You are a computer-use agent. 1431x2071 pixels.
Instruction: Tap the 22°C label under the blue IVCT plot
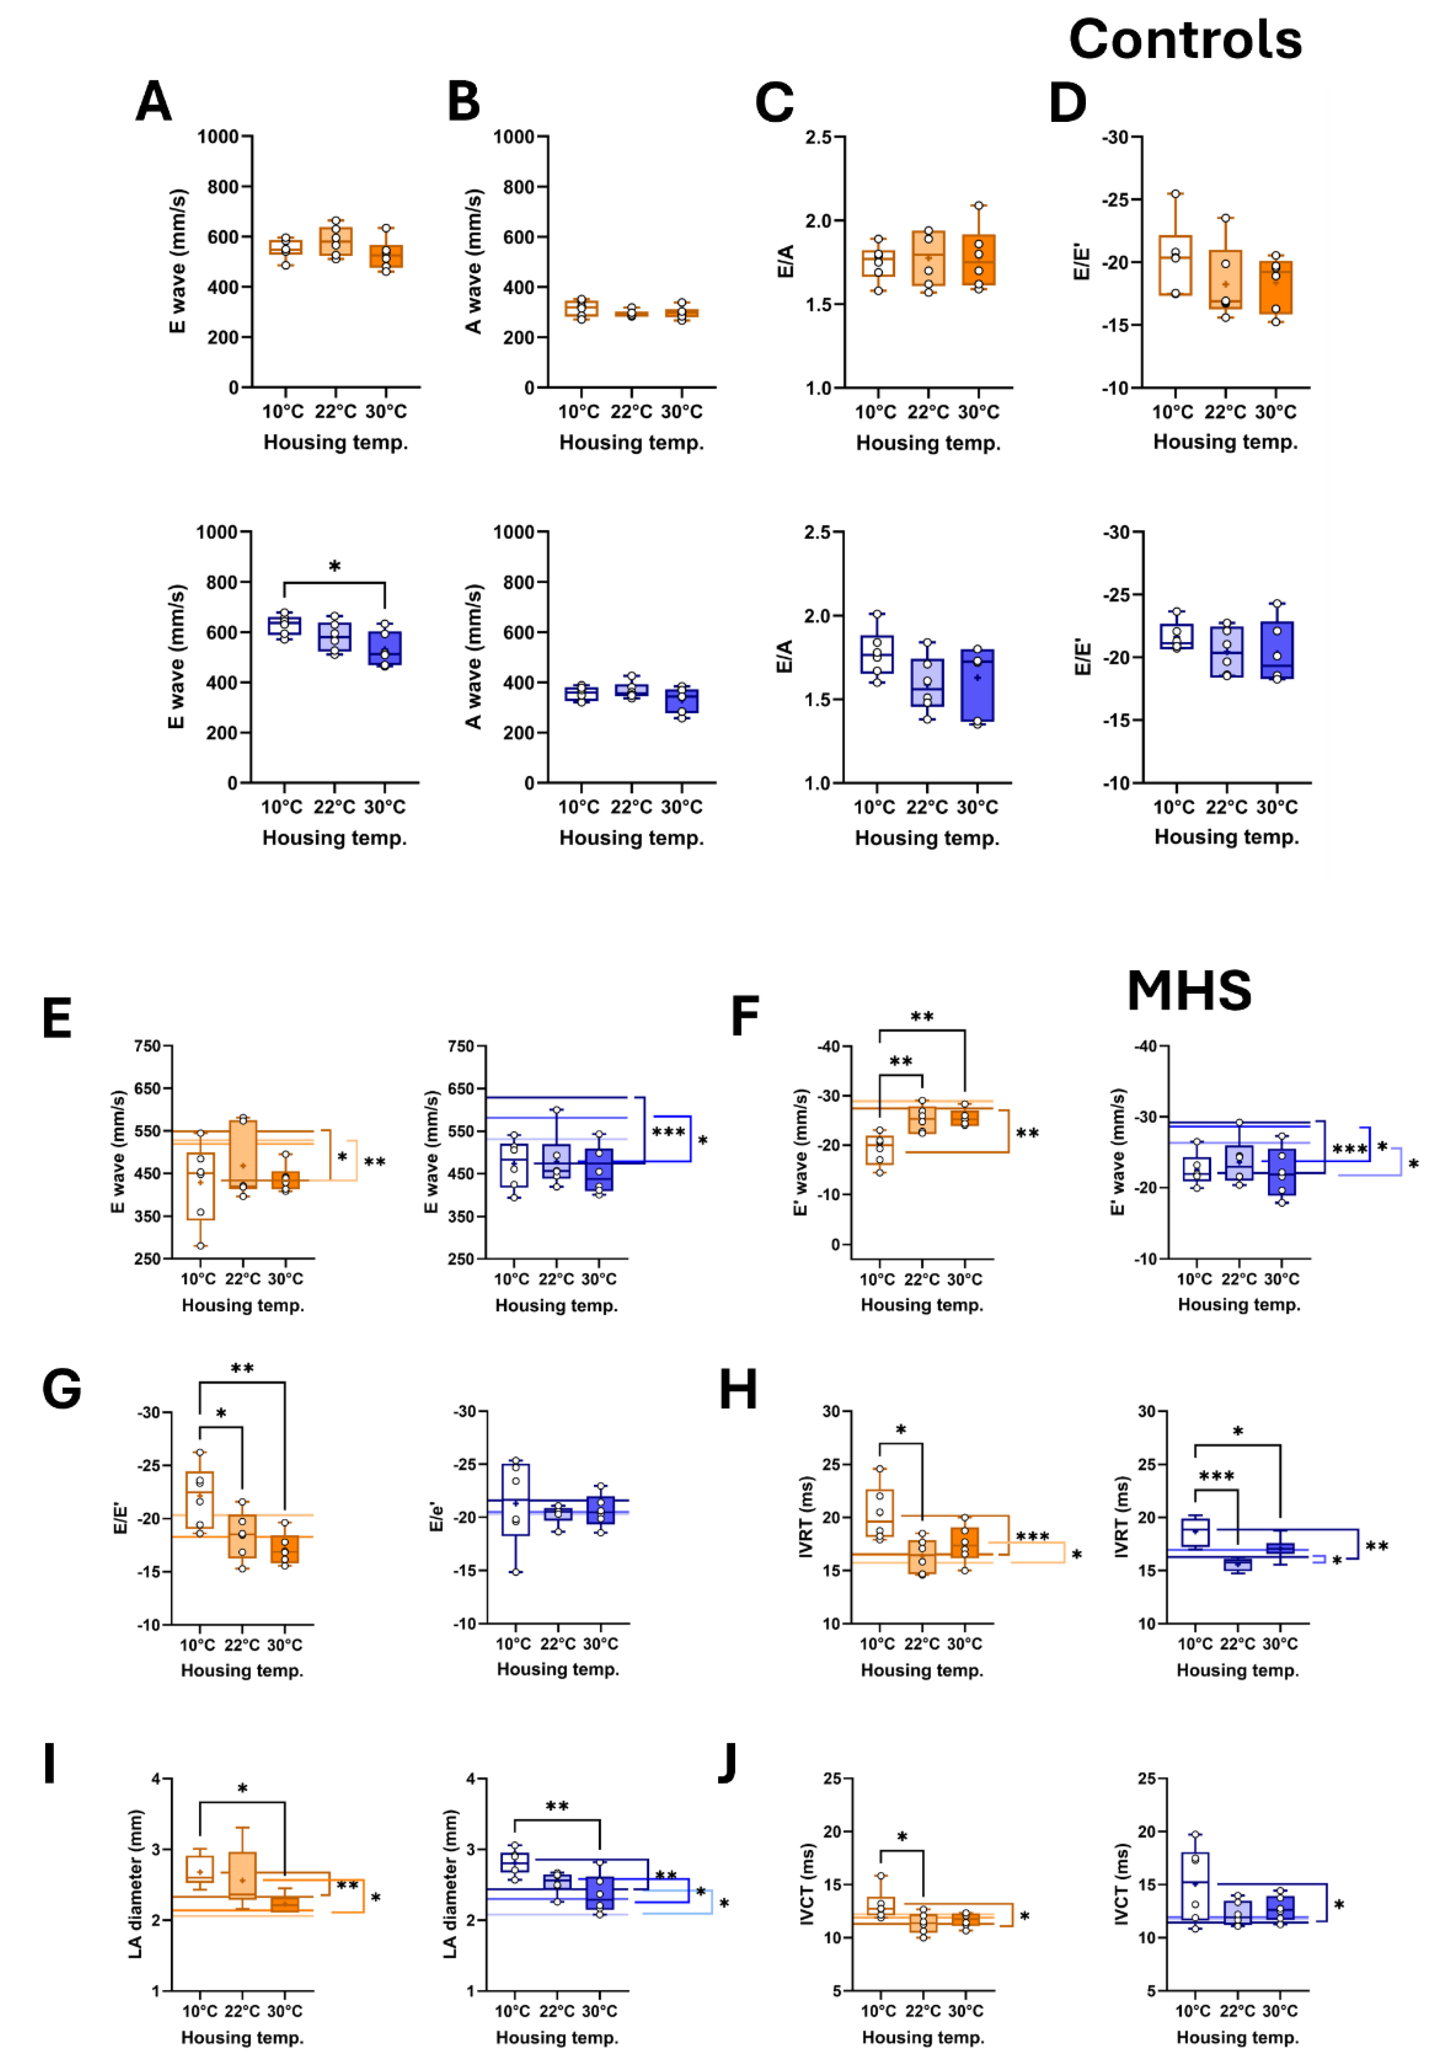[1237, 2011]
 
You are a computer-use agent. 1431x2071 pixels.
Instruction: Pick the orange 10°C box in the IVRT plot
[880, 1513]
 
